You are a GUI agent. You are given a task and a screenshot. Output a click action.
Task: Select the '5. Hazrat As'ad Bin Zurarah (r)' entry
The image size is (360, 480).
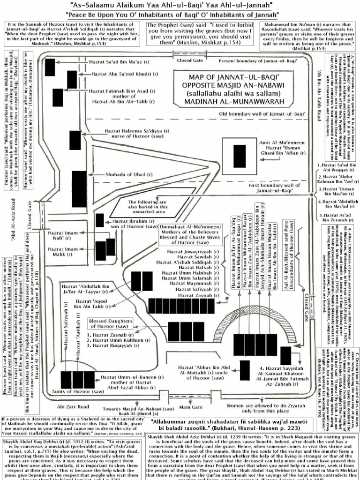(337, 218)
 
